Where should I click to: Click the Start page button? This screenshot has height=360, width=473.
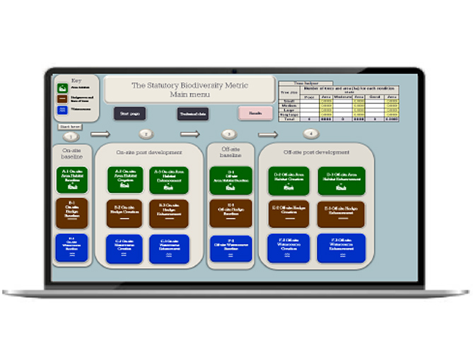click(x=129, y=113)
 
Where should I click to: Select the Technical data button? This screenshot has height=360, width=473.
click(x=192, y=113)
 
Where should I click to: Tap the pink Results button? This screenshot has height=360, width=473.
click(x=255, y=113)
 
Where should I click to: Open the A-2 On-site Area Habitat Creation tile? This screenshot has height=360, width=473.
click(x=125, y=179)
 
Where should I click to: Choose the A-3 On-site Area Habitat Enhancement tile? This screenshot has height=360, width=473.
click(x=168, y=179)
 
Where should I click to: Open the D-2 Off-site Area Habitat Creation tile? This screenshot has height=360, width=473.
click(x=289, y=180)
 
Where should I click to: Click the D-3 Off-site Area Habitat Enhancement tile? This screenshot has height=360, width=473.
click(x=341, y=180)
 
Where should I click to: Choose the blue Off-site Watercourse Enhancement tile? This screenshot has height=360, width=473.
click(x=341, y=248)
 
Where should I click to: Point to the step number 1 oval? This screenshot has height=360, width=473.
click(x=70, y=134)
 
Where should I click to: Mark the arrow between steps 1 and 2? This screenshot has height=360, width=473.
click(x=100, y=134)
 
